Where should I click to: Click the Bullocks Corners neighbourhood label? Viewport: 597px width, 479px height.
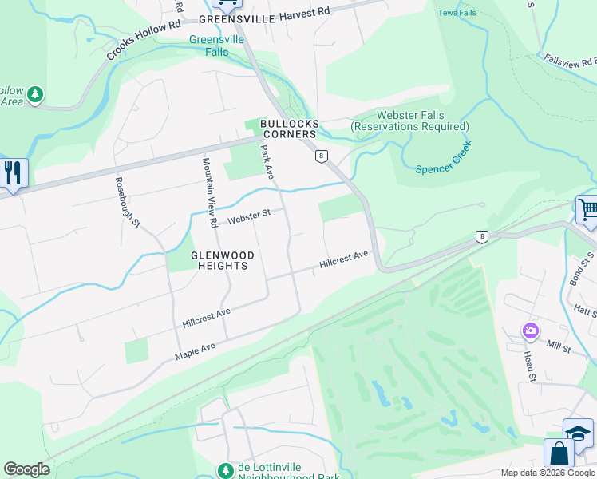(289, 129)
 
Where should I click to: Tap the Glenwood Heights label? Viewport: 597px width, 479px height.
(222, 260)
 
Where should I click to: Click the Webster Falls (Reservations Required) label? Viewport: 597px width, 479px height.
(410, 121)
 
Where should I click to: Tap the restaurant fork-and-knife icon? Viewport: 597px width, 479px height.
(12, 173)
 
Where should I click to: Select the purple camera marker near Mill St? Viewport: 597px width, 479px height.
(531, 330)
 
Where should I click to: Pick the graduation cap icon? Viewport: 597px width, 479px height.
(579, 433)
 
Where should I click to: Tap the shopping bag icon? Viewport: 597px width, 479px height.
(559, 453)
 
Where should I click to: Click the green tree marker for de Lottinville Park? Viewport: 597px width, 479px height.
(226, 470)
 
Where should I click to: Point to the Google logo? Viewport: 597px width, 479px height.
(26, 469)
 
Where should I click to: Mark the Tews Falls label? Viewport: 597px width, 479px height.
(457, 12)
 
